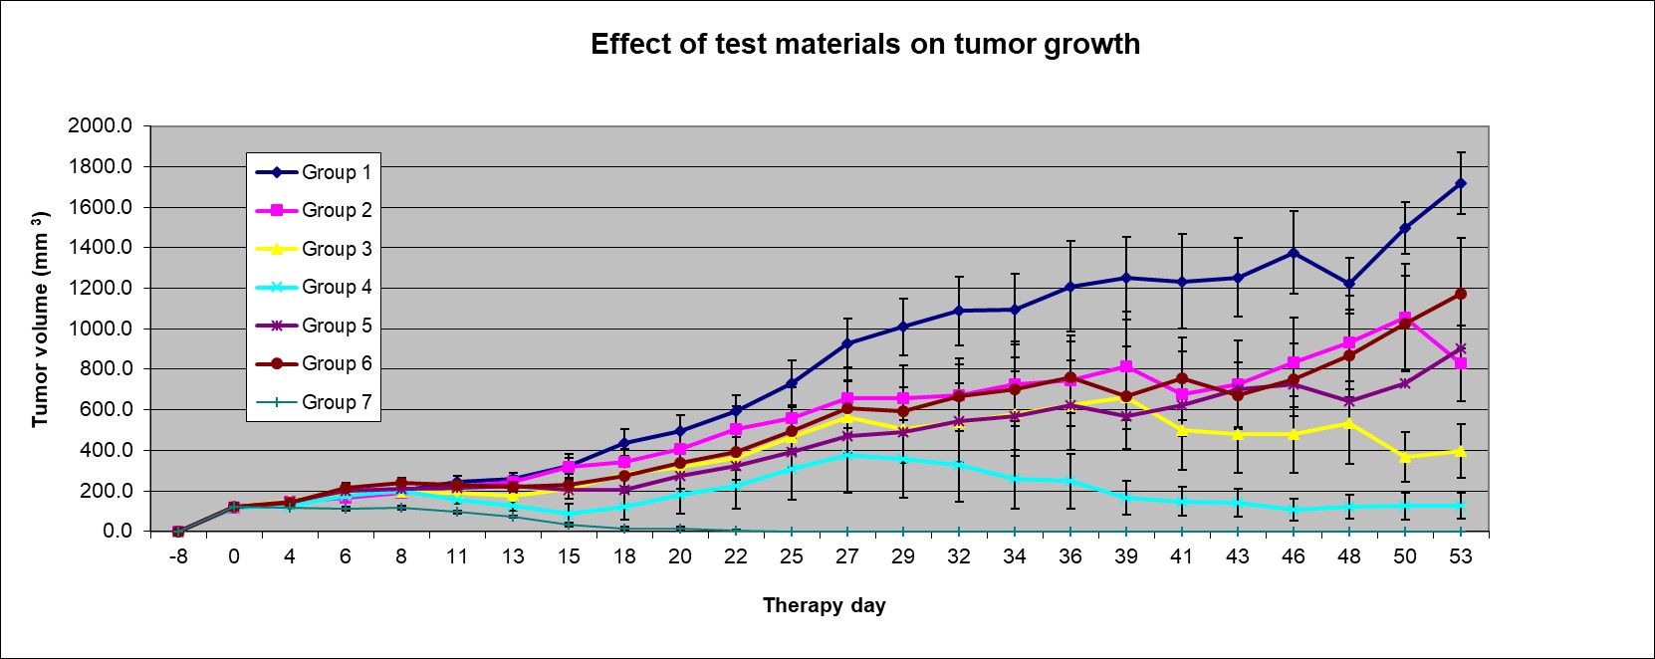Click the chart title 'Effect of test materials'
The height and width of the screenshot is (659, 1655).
click(x=864, y=45)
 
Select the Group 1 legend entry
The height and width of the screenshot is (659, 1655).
click(x=336, y=172)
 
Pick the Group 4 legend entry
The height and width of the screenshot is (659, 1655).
click(x=336, y=287)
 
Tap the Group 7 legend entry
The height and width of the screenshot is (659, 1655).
click(x=336, y=402)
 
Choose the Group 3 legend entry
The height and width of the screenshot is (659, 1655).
click(x=336, y=249)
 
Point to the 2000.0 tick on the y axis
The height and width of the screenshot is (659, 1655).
click(x=100, y=126)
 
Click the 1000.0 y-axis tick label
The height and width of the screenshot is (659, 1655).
click(x=100, y=329)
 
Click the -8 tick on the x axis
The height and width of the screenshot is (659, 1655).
click(x=177, y=557)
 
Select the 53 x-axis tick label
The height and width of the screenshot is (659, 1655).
click(x=1460, y=557)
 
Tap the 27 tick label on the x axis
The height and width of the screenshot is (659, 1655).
click(x=846, y=557)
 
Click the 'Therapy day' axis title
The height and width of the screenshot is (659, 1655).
click(x=824, y=605)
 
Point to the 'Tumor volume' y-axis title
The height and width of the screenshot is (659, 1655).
click(x=40, y=320)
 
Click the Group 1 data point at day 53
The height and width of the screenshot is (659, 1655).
click(x=1461, y=183)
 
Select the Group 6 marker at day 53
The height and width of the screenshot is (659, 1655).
click(x=1461, y=294)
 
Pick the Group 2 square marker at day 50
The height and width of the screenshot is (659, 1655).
click(x=1405, y=318)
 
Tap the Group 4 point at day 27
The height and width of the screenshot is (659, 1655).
click(x=847, y=455)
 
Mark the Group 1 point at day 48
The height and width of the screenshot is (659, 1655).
click(x=1349, y=284)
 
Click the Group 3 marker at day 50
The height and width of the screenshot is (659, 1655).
click(x=1405, y=457)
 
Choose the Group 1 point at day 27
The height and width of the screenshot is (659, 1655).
click(x=847, y=343)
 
